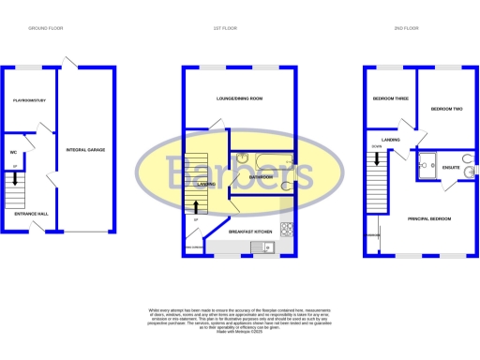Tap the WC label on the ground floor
[15, 151]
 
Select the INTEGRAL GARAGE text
[83, 150]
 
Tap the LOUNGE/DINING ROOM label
[239, 98]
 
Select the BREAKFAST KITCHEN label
[250, 231]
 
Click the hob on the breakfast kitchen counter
[292, 230]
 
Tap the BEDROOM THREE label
[390, 98]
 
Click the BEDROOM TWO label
[447, 110]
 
